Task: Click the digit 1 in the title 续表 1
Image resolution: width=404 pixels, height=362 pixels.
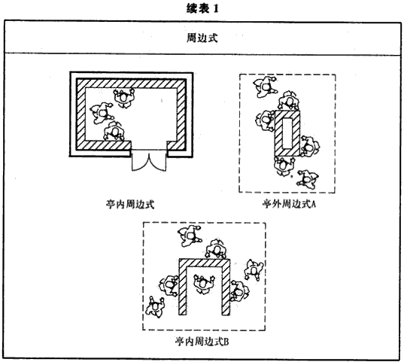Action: coord(216,9)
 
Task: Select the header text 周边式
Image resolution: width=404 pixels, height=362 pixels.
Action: coord(202,38)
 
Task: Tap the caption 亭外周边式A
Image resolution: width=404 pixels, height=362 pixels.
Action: coord(289,204)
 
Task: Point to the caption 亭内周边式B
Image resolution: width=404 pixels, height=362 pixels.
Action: coord(202,342)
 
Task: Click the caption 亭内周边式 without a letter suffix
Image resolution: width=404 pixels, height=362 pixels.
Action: coord(130,204)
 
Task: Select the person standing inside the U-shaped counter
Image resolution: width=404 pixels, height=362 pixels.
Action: coord(204,284)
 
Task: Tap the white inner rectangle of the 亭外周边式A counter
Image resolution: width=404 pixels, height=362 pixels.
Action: coord(287,133)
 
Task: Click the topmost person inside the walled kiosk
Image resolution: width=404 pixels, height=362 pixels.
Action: coord(124,98)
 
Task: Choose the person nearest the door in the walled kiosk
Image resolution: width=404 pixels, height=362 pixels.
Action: coord(114,132)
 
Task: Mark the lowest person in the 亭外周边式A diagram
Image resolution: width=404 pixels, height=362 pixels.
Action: coord(308,179)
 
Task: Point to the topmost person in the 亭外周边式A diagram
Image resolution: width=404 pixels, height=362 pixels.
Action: coord(265,87)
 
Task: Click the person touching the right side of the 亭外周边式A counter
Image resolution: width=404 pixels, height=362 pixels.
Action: coord(309,147)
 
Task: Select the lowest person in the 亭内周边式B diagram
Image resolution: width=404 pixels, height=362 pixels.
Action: coord(155,307)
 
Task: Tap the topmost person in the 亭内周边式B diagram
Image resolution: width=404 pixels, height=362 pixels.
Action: coord(190,236)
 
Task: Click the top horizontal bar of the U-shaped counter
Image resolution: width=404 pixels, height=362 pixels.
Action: coord(204,263)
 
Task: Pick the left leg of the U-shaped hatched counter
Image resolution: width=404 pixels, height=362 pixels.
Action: coord(183,287)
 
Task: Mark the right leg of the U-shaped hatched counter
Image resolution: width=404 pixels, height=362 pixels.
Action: coord(226,287)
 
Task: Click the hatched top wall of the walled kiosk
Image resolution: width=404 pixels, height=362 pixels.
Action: coord(131,84)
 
